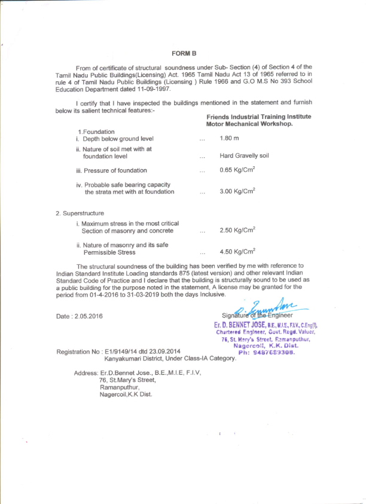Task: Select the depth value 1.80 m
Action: click(230, 139)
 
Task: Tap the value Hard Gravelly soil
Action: click(244, 155)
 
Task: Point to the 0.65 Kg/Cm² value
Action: click(237, 170)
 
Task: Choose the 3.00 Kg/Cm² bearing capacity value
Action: click(237, 191)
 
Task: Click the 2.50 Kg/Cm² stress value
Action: click(237, 230)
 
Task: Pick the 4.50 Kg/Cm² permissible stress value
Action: click(237, 252)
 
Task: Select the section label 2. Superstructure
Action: click(80, 213)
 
